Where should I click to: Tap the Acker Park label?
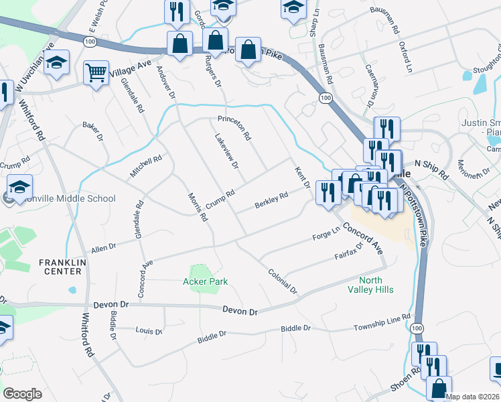(x=206, y=281)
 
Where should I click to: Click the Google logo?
(x=22, y=394)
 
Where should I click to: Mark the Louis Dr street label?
(x=148, y=331)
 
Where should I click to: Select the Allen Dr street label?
(x=104, y=247)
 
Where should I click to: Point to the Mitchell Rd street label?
(x=146, y=167)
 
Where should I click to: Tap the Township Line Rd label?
(x=381, y=323)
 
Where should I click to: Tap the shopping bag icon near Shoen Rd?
(x=438, y=388)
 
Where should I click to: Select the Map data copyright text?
(x=472, y=397)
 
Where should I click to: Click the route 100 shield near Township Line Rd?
(x=417, y=328)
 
